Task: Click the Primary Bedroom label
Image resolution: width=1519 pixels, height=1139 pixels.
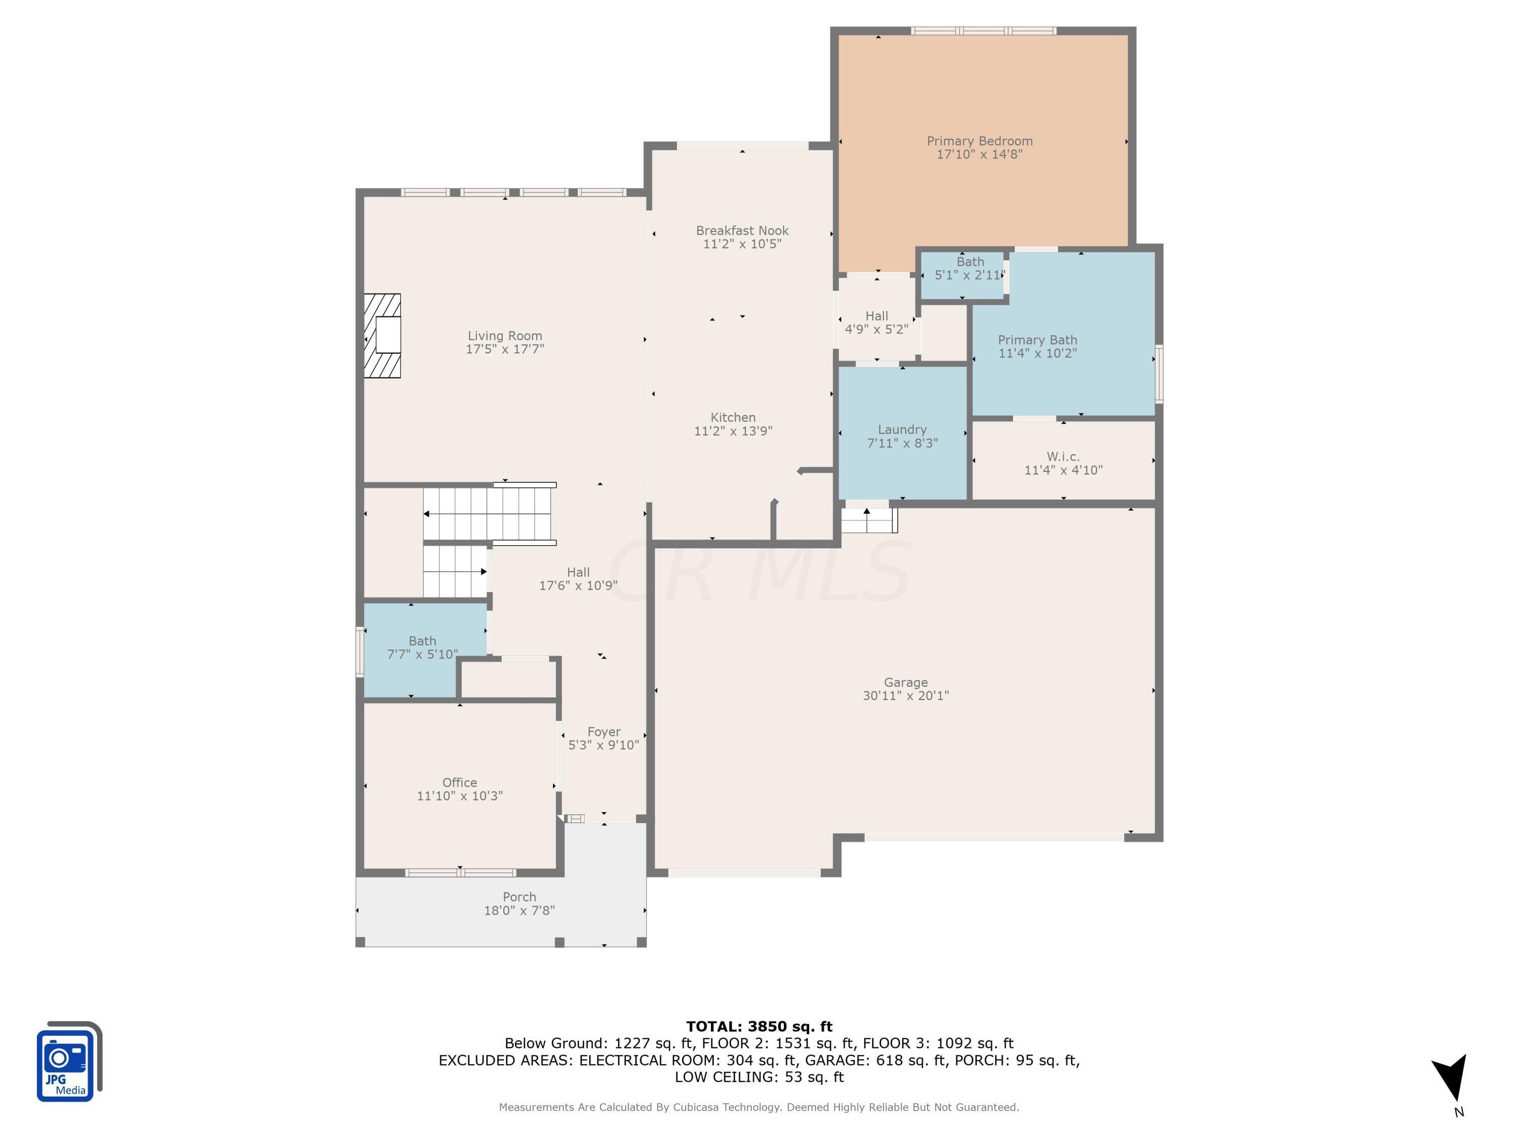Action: (979, 141)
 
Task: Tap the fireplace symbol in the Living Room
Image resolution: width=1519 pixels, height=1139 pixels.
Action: (382, 336)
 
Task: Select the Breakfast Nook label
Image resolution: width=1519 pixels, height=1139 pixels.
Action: (742, 231)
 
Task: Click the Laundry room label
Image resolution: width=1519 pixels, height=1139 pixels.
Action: (902, 430)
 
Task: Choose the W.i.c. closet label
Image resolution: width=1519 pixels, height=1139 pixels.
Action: (1063, 457)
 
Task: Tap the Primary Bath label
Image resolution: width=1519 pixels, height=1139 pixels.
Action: (1037, 340)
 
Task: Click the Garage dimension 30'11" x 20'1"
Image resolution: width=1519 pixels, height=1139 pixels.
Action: (905, 696)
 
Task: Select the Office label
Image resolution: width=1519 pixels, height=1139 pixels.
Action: (459, 783)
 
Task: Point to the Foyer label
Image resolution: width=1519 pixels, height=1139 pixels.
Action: (604, 732)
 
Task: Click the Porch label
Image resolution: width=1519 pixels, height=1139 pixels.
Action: (519, 897)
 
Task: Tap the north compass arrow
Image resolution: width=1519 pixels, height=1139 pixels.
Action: (1451, 1077)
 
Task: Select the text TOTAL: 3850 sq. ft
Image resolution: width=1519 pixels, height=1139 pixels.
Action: (759, 1027)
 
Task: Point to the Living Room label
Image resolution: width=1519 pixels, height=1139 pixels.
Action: (505, 336)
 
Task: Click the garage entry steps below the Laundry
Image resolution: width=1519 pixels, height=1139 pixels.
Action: (869, 520)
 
